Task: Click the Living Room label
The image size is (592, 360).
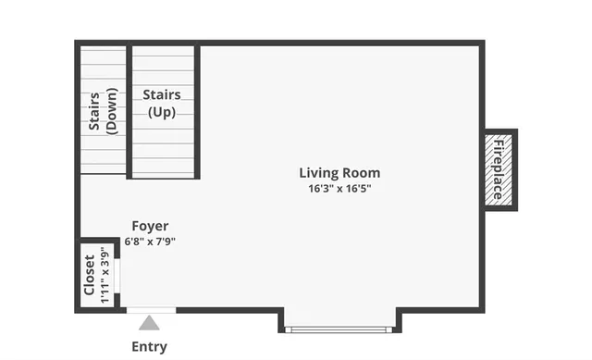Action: click(x=339, y=172)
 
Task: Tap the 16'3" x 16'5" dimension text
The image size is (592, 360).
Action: click(x=339, y=188)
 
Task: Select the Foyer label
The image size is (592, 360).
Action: click(x=150, y=226)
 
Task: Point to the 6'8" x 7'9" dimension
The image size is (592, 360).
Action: click(x=150, y=242)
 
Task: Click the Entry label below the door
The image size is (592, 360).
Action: click(x=149, y=347)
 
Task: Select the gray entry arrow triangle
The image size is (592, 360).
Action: click(x=149, y=323)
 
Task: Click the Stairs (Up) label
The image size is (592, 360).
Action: click(x=161, y=103)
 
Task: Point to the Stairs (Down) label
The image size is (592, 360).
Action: click(x=102, y=112)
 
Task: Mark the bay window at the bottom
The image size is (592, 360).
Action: click(x=339, y=328)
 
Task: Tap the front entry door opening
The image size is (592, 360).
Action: click(x=150, y=309)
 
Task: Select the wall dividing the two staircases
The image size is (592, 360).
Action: click(x=129, y=111)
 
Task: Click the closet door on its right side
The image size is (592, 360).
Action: click(x=122, y=275)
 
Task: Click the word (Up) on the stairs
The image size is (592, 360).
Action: click(x=161, y=112)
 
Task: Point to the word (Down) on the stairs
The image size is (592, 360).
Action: click(x=110, y=112)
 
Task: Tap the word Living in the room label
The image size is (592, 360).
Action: click(x=317, y=172)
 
